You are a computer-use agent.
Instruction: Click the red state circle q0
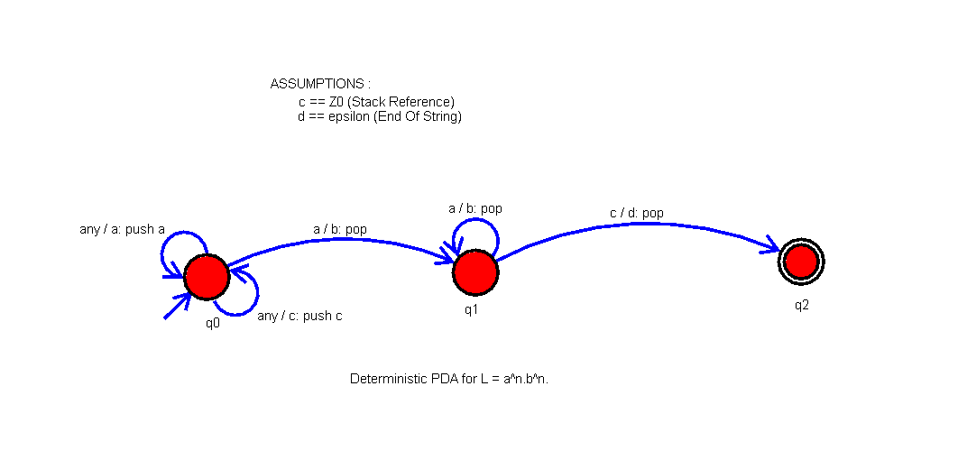(207, 277)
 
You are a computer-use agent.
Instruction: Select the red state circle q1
(475, 272)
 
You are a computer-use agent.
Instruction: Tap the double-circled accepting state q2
(801, 262)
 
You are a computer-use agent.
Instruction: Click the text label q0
(213, 323)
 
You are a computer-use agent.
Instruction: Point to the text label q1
(471, 309)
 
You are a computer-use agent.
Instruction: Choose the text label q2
(801, 305)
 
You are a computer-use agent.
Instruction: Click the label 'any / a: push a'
(122, 229)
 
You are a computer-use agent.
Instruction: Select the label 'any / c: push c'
(299, 316)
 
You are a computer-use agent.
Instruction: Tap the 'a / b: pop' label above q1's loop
(474, 208)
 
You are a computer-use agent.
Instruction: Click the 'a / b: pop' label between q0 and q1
(339, 229)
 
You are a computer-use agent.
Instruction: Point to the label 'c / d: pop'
(636, 213)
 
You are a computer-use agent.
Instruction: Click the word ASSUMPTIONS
(320, 84)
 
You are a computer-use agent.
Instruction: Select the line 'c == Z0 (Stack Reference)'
(376, 102)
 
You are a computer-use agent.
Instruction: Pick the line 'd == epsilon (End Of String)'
(379, 116)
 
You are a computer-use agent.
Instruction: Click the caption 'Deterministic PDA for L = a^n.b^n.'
(449, 379)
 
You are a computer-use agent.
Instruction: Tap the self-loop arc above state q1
(475, 223)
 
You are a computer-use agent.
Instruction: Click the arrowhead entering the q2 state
(770, 245)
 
